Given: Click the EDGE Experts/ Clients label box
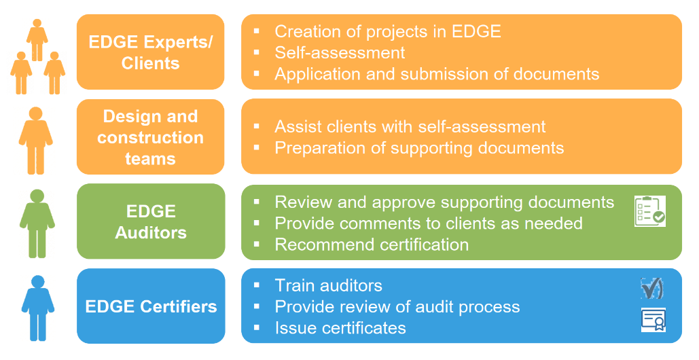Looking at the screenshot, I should pos(150,52).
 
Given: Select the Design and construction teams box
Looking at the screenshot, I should pos(150,137).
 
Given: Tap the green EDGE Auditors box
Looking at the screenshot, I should pos(150,221).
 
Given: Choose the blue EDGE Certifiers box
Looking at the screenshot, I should pos(150,306).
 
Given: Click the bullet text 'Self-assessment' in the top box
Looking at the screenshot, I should pos(340,52).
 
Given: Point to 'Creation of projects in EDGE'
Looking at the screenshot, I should pos(387,31).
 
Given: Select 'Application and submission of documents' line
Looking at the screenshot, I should pos(437,74).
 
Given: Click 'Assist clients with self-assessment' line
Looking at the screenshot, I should pos(410,126).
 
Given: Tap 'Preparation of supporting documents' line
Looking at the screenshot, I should pos(419,147).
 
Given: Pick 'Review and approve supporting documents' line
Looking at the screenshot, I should pos(444,202).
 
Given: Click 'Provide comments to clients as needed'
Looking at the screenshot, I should pos(428,223).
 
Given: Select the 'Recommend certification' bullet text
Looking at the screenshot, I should pos(372,245).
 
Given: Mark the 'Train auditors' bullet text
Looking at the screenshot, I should pos(328,285).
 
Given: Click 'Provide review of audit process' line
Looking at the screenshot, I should pos(397,307).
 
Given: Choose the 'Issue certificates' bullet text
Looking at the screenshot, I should pos(340,328).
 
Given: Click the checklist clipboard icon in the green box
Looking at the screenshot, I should pos(649,211).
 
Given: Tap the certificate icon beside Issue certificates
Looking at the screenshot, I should pos(653,320).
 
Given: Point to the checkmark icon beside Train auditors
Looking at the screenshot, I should pos(651,288).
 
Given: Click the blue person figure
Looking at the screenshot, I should pos(37,308).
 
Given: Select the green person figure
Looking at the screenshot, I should pos(37,223).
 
